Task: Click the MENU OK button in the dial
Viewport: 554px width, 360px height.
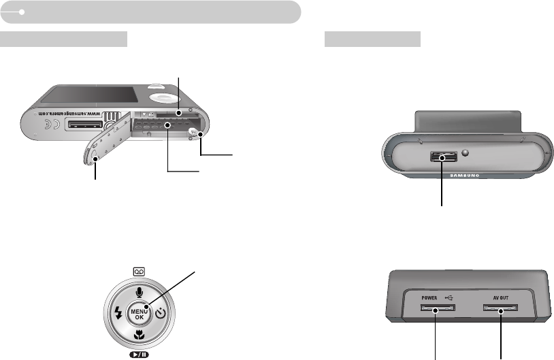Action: [x=139, y=313]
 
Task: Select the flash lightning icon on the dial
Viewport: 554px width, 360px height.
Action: [x=118, y=314]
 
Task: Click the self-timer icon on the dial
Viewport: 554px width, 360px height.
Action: [x=160, y=314]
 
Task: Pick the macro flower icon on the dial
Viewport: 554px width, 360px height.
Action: [x=139, y=334]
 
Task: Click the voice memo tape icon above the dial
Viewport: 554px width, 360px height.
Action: [x=139, y=271]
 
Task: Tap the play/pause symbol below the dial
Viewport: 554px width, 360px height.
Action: [x=139, y=354]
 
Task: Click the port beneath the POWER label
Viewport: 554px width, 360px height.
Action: [x=436, y=310]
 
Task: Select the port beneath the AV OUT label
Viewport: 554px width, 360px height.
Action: [x=500, y=310]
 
